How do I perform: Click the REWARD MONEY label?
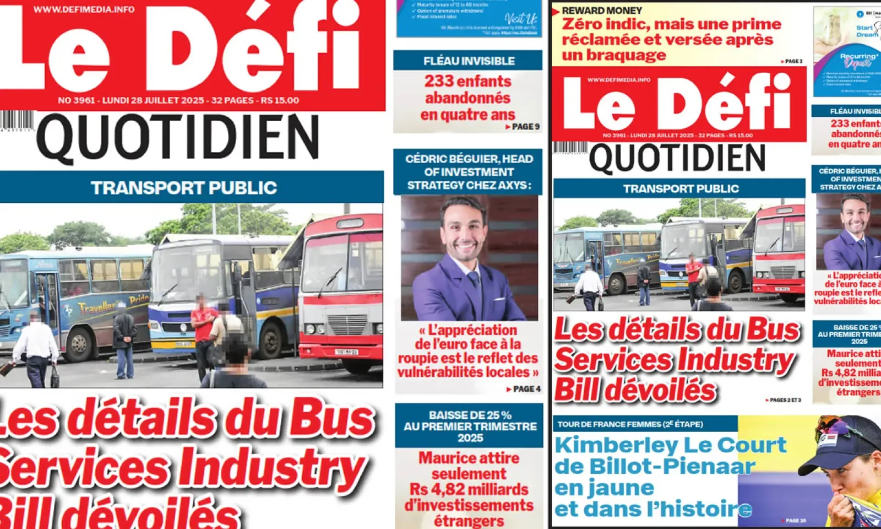point(602,10)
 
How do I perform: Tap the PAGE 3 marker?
point(792,61)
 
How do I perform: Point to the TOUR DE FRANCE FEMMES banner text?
point(630,424)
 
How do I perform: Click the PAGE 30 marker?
point(795,520)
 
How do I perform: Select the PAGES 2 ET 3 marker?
point(783,400)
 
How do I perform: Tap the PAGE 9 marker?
point(523,127)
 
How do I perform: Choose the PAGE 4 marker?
point(524,389)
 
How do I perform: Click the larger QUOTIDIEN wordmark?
point(177,137)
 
